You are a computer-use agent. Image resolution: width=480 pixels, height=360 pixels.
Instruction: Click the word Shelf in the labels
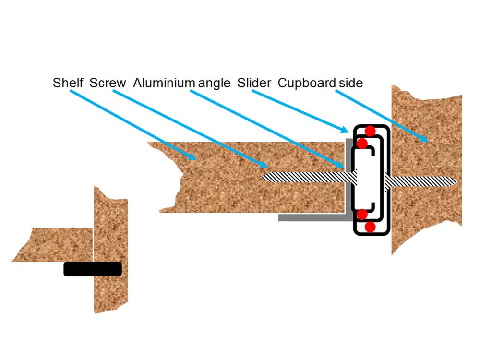[x=68, y=83]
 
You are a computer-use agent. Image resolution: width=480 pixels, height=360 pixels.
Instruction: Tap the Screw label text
[x=108, y=83]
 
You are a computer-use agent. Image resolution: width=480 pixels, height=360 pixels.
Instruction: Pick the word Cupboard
[x=307, y=83]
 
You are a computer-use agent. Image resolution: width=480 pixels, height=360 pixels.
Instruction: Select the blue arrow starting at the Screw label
[x=187, y=127]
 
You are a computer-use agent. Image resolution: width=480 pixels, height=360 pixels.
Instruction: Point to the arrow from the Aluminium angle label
[x=269, y=127]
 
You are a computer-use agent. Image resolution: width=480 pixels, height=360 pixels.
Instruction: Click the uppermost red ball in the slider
[x=370, y=131]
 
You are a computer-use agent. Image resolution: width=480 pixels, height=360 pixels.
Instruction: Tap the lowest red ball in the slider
[x=370, y=228]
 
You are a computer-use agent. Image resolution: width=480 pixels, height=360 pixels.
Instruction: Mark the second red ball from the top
[x=362, y=143]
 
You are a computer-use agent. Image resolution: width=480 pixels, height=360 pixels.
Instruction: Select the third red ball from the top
[x=362, y=214]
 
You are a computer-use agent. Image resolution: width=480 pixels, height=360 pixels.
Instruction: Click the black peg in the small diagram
[x=93, y=269]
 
